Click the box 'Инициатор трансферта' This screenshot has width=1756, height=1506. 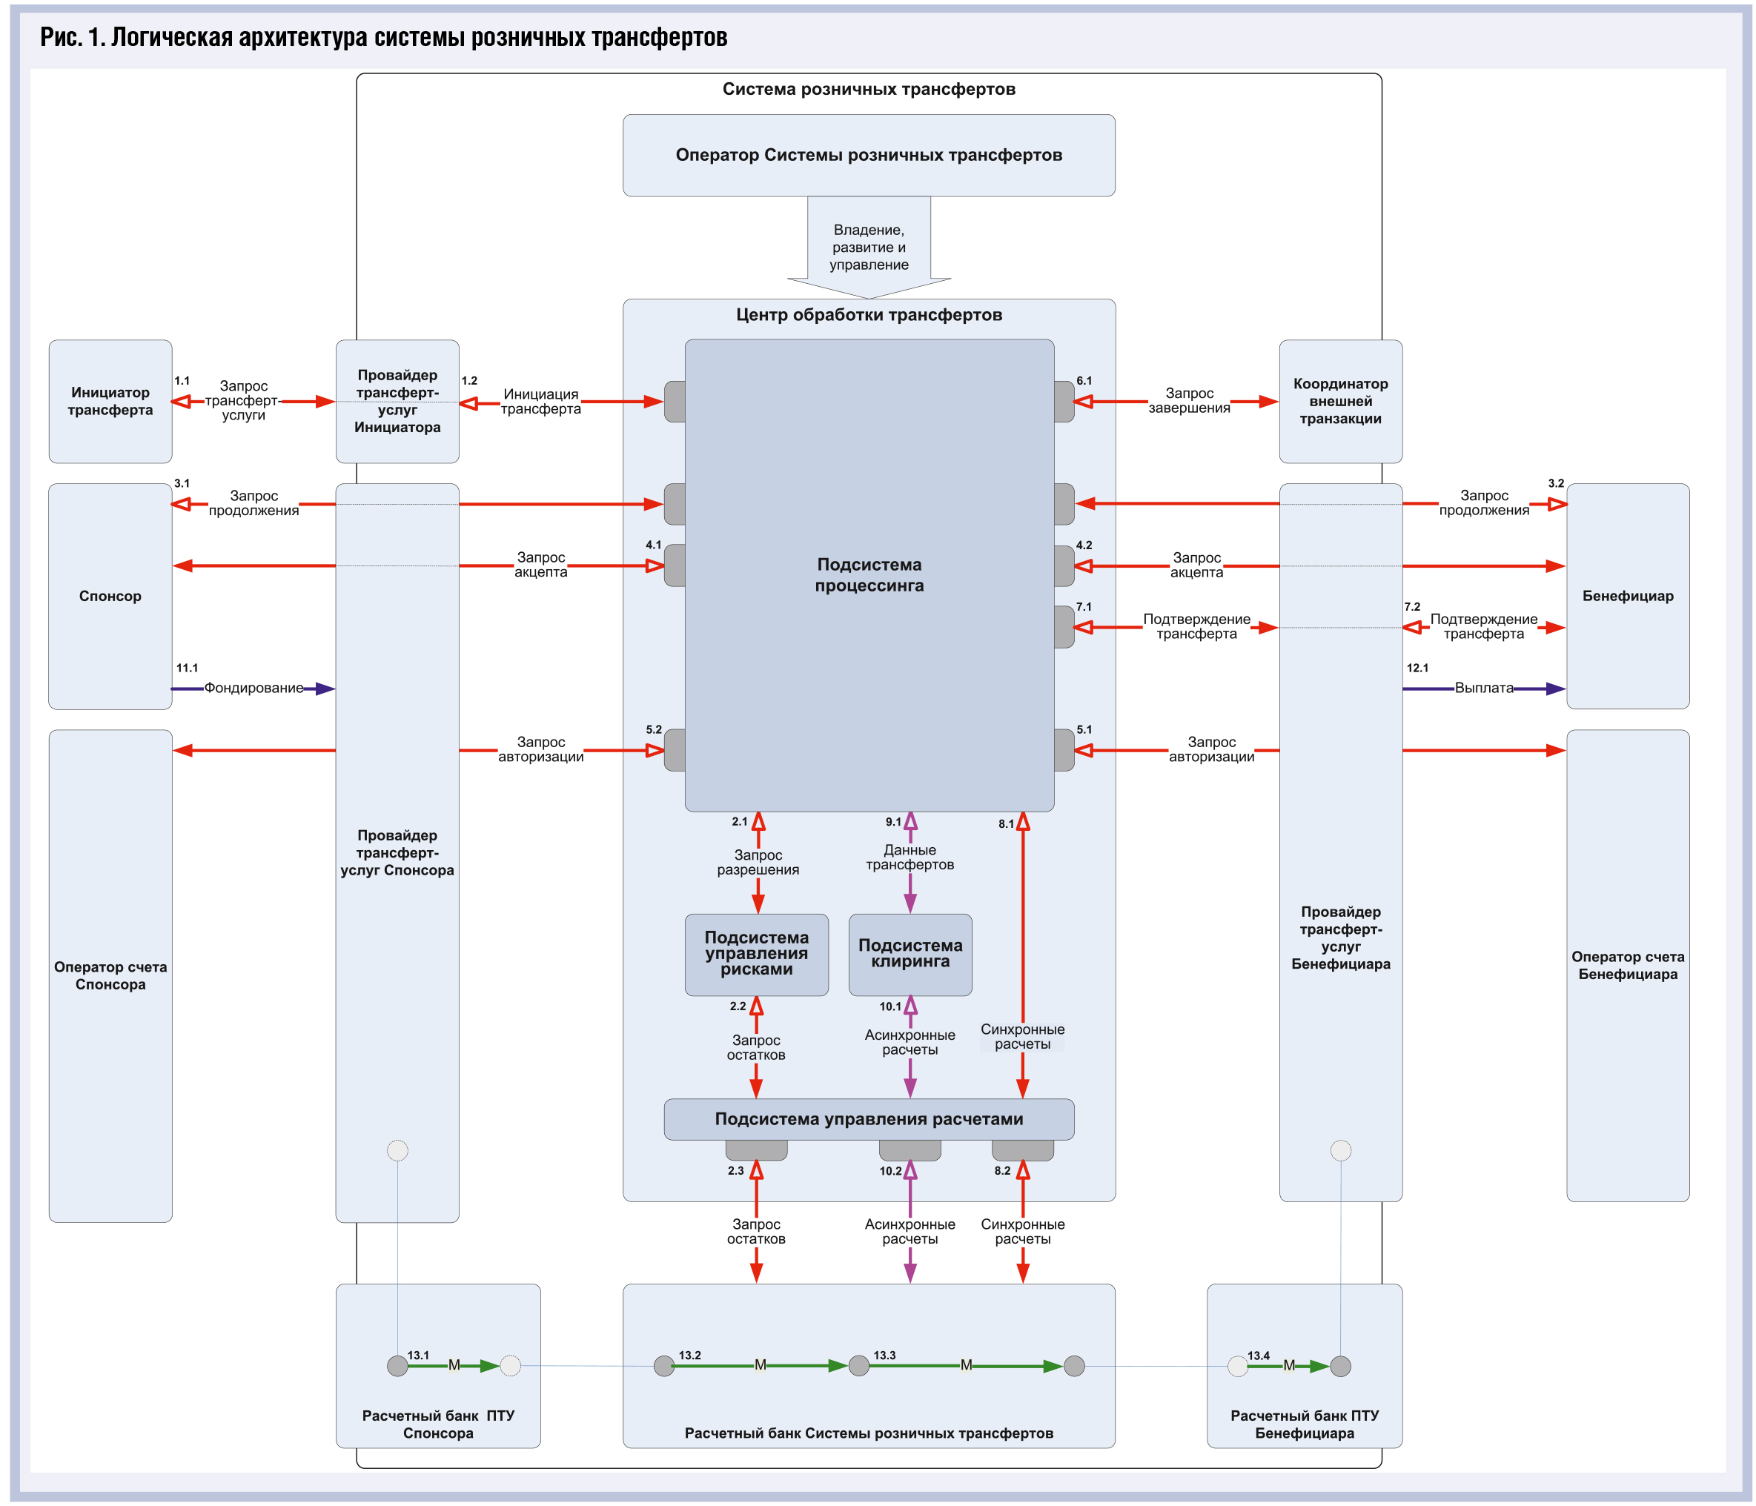(110, 401)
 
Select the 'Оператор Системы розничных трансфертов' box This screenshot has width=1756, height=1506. (869, 155)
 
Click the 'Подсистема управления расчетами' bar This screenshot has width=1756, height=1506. (869, 1118)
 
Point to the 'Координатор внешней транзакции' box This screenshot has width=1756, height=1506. (1340, 401)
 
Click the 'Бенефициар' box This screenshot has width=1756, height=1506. (1627, 596)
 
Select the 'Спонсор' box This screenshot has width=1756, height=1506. (110, 596)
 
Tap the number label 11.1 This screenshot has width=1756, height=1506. (187, 668)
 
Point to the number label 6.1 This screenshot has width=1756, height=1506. (1084, 380)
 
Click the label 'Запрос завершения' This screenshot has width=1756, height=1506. (1189, 400)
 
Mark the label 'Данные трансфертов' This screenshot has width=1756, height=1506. (910, 857)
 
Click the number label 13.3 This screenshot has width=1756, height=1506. (884, 1355)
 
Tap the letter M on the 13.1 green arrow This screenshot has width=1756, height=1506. (454, 1365)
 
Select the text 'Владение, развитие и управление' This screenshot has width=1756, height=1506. (869, 247)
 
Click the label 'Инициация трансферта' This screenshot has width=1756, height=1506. (540, 401)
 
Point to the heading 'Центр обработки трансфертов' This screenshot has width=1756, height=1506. (869, 314)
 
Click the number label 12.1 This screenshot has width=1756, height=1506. (1417, 668)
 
